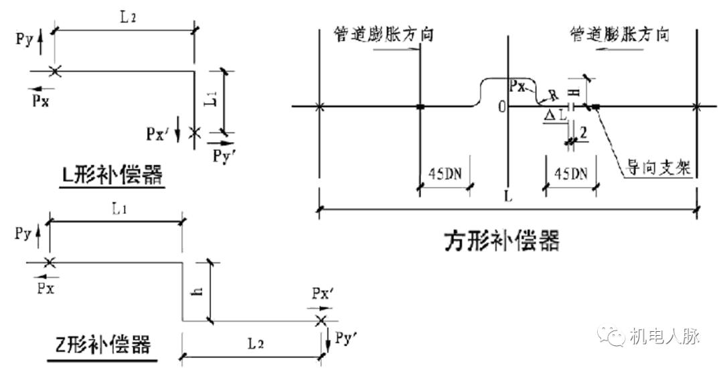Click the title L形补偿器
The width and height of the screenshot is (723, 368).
[x=110, y=176]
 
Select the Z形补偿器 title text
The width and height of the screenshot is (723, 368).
[x=102, y=345]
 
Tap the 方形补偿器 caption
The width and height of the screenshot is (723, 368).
[x=501, y=240]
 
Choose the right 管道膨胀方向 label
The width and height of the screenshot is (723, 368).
[x=619, y=34]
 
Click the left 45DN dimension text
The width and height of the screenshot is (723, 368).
[x=445, y=174]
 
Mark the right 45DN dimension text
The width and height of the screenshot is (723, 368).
[x=570, y=174]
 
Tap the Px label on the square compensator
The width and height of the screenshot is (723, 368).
[x=517, y=86]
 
